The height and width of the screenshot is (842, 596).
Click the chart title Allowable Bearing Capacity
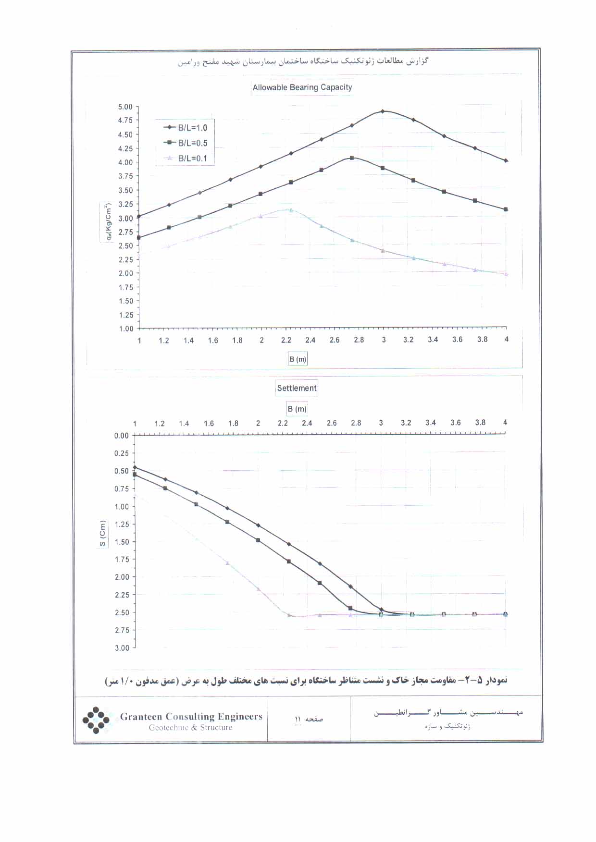point(302,87)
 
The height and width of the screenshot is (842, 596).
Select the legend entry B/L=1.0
point(192,128)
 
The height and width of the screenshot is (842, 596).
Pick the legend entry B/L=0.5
point(192,143)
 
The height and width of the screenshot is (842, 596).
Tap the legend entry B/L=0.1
point(192,159)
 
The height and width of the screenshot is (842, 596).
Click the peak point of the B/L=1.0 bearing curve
point(383,111)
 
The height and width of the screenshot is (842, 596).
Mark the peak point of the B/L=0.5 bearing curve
point(352,158)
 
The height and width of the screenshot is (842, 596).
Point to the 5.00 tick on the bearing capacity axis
point(125,107)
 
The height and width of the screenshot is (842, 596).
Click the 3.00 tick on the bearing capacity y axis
point(125,218)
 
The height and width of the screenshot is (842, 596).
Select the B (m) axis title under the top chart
point(298,359)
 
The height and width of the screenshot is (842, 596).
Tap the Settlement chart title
point(297,388)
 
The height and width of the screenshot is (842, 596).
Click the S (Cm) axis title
point(102,533)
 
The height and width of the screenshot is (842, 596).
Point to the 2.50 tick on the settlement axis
point(122,612)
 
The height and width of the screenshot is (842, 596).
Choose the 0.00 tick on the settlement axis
point(122,436)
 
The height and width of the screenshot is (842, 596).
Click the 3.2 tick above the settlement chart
point(406,423)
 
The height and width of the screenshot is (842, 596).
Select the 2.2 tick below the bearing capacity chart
point(286,340)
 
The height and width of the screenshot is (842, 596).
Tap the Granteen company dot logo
point(96,720)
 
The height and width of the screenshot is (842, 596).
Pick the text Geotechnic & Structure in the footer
point(190,728)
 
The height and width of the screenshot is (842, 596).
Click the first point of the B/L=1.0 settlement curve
point(135,467)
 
